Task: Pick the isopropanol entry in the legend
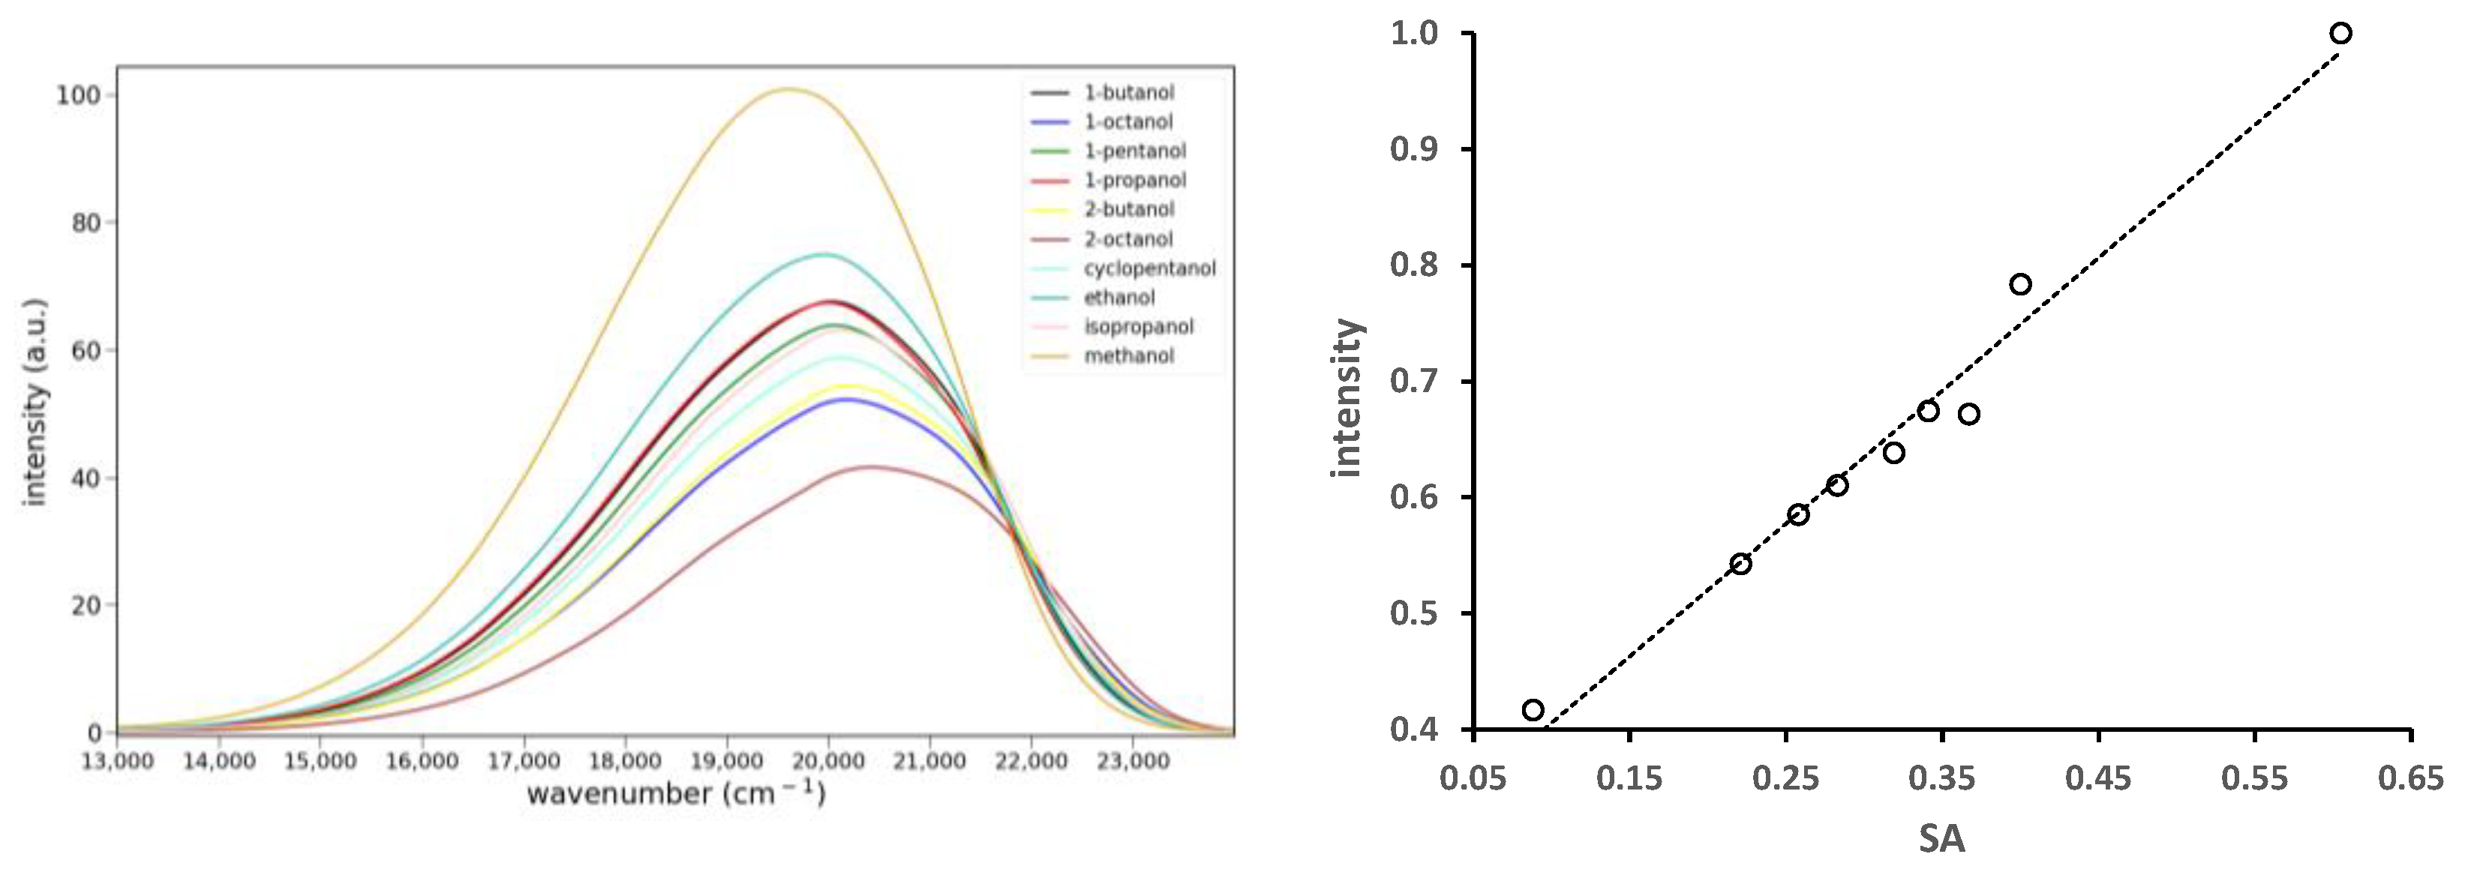point(1138,326)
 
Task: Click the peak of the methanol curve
point(788,89)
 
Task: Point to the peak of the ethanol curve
point(823,253)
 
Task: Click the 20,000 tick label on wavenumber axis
point(827,761)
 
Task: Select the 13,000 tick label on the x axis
point(118,761)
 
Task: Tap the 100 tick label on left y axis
point(77,94)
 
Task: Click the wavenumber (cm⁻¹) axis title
point(675,794)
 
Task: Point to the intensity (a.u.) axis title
point(35,402)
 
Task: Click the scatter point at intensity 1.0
point(2340,34)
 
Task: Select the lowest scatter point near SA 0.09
point(1533,709)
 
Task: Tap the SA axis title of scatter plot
point(1941,840)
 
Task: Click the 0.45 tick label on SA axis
point(2098,778)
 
